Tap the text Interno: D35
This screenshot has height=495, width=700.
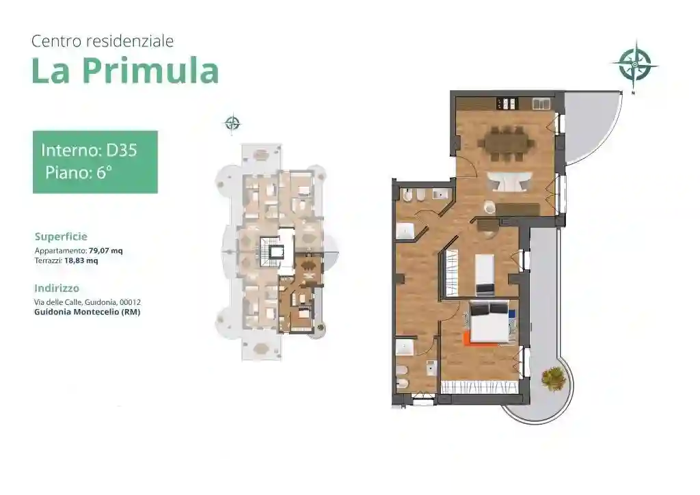point(89,150)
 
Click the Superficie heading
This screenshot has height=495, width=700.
point(61,237)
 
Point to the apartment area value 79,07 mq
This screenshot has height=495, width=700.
point(106,251)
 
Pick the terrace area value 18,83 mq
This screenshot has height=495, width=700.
point(81,260)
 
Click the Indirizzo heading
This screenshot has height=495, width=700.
point(57,288)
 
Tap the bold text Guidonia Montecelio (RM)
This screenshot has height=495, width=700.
point(87,312)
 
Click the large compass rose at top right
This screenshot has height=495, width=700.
point(634,65)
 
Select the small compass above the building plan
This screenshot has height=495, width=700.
point(232,123)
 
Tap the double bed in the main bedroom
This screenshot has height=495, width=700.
point(489,322)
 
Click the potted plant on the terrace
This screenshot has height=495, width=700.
point(553,377)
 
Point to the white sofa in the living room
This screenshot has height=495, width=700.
point(507,182)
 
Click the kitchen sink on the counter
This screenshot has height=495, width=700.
point(541,104)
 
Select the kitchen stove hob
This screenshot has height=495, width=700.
point(507,104)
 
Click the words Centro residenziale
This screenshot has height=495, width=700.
point(103,41)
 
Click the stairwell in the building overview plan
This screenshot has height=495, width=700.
point(275,252)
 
